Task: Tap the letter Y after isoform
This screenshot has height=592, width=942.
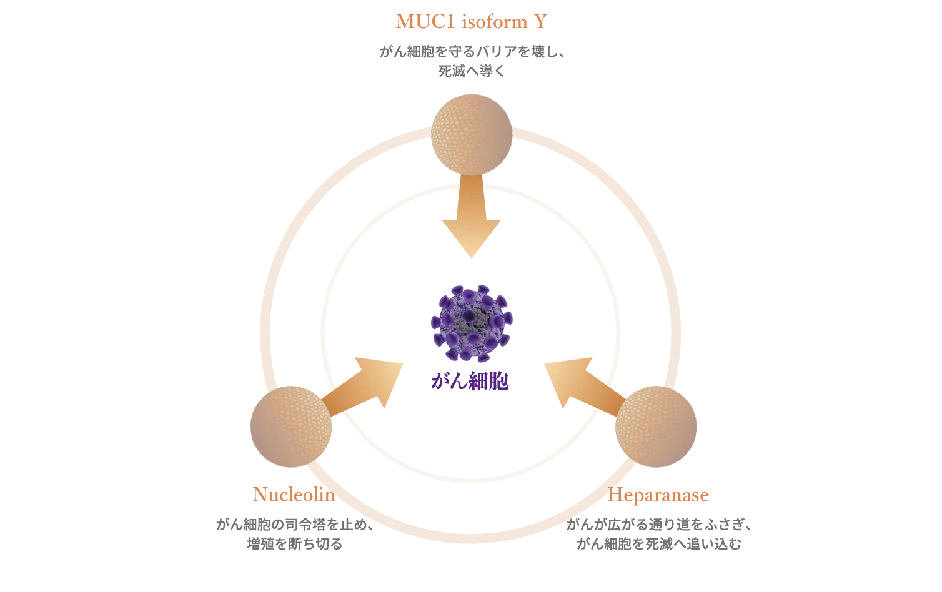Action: (x=541, y=22)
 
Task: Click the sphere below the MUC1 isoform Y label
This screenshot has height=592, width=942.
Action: (x=472, y=134)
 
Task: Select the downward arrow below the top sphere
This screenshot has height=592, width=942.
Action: (x=472, y=219)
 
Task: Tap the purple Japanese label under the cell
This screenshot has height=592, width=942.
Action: (x=470, y=382)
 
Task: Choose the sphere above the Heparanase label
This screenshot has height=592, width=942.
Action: (x=656, y=426)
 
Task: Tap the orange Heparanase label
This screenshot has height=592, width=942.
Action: (x=661, y=496)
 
